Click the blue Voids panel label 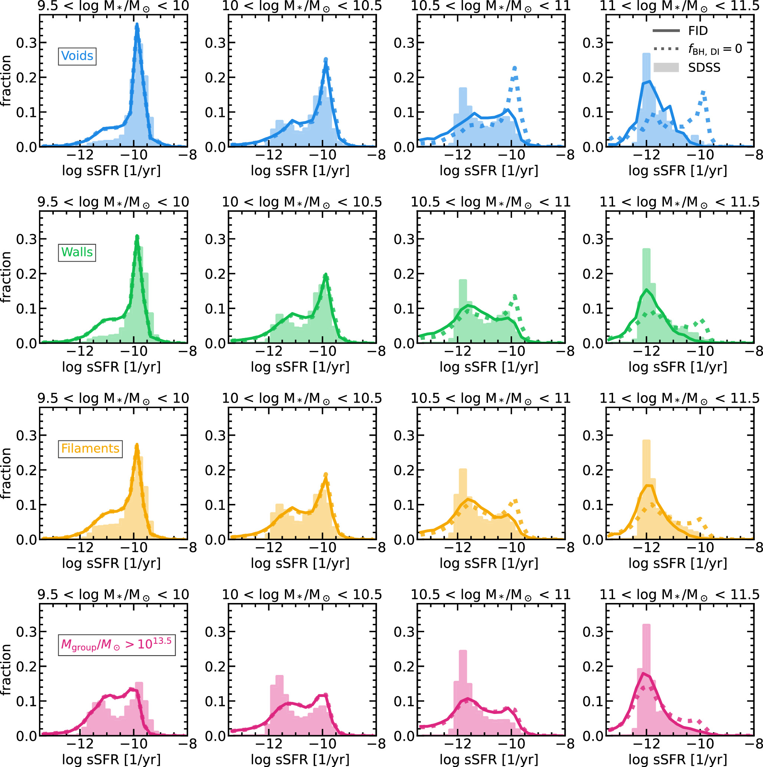pos(77,56)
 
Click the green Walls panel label pos(77,252)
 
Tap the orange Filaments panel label pos(90,448)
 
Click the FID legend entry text pos(698,30)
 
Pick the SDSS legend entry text pos(704,68)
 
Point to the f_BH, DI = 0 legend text pos(714,49)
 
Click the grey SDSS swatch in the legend pos(666,68)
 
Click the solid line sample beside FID pos(666,30)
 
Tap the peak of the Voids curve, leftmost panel pos(137,24)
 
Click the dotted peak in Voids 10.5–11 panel pos(514,68)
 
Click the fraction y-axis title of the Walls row pos(6,277)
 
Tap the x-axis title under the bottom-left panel pos(111,759)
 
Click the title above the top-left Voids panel pos(113,6)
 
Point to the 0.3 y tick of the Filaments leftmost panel pos(27,436)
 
